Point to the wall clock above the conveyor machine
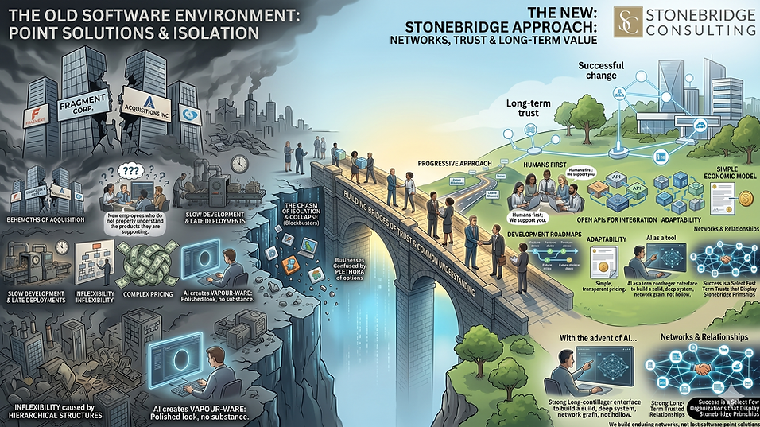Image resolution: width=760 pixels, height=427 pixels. pyautogui.click(x=238, y=163)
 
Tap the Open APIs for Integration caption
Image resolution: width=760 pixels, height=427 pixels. pyautogui.click(x=604, y=219)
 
